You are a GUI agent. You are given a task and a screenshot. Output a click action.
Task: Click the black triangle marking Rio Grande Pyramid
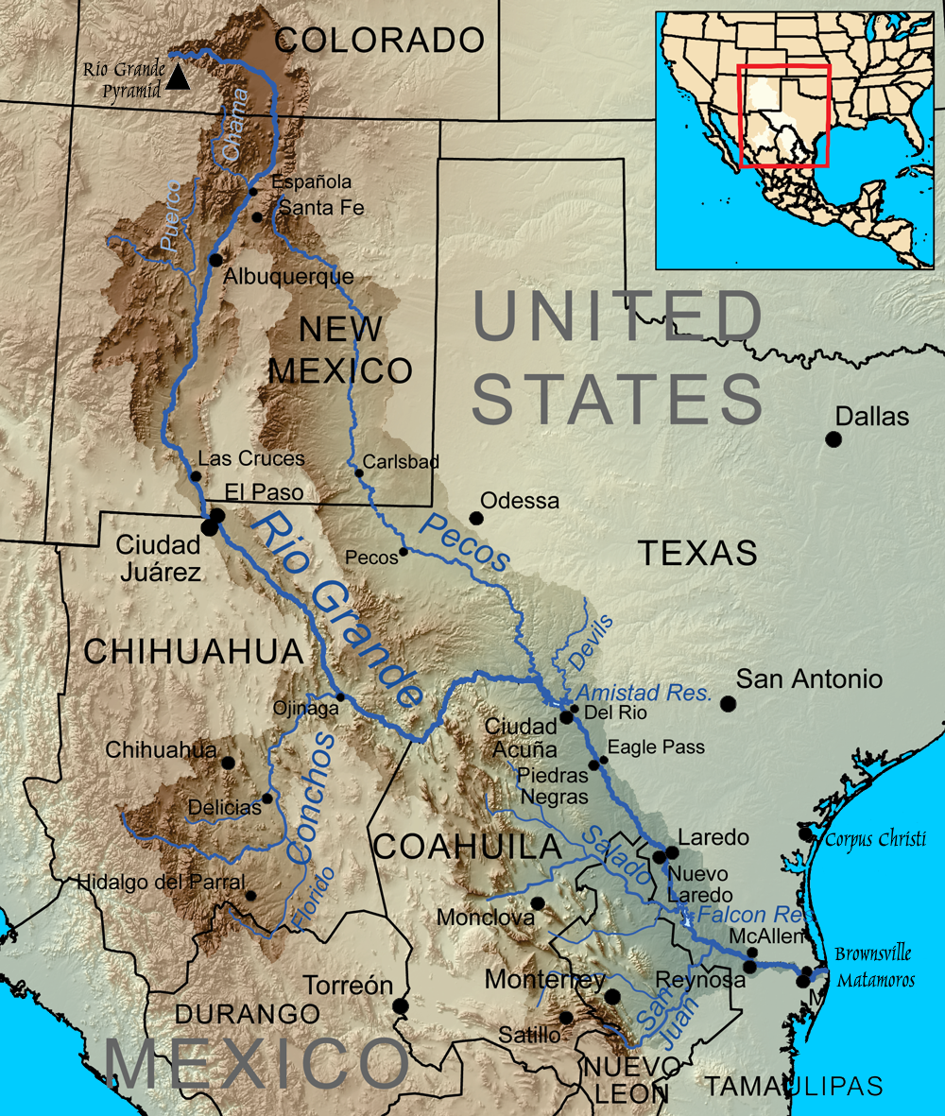click(177, 80)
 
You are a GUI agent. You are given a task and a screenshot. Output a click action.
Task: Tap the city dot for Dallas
click(833, 438)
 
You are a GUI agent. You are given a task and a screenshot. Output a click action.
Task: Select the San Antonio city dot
click(728, 703)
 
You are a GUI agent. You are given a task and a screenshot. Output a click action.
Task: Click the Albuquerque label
click(275, 277)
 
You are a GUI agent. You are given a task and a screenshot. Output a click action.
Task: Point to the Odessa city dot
click(476, 518)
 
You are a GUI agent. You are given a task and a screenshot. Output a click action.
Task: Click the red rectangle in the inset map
click(783, 115)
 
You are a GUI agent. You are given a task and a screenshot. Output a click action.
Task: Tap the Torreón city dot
click(401, 1005)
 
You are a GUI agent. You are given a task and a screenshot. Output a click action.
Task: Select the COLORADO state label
click(379, 40)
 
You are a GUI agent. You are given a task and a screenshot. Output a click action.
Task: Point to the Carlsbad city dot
click(358, 472)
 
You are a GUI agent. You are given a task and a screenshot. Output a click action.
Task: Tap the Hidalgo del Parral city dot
click(250, 895)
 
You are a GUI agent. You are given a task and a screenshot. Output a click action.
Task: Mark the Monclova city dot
click(538, 902)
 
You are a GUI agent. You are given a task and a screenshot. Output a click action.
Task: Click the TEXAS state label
click(697, 553)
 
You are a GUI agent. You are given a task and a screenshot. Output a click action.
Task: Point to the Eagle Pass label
click(656, 747)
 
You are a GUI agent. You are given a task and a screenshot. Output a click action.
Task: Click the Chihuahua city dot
click(228, 763)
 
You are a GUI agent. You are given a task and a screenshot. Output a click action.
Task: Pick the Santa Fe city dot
click(258, 217)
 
